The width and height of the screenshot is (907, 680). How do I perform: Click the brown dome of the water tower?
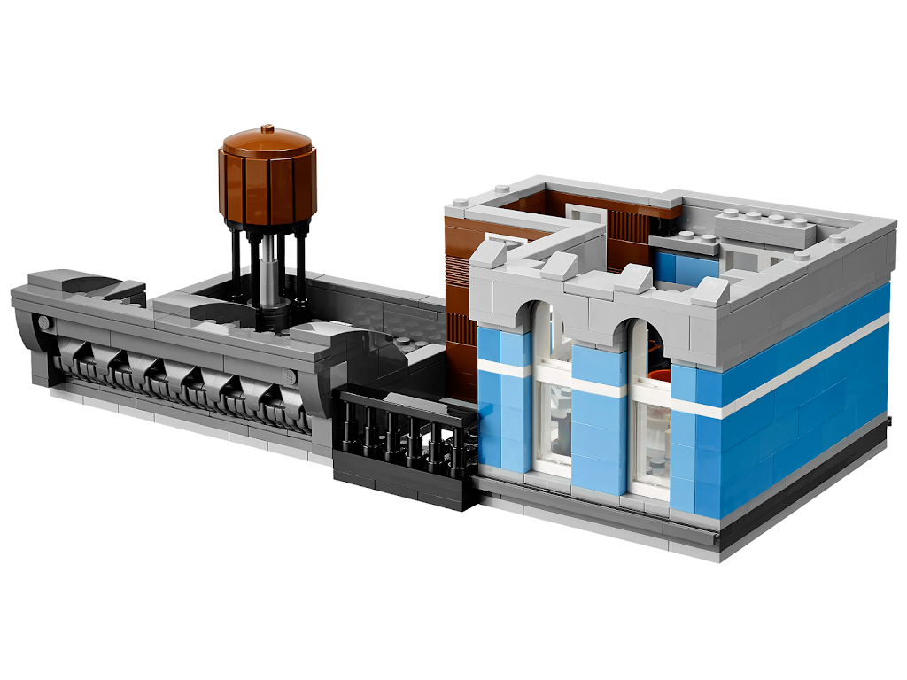267,141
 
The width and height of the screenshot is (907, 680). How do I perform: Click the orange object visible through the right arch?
655,376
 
